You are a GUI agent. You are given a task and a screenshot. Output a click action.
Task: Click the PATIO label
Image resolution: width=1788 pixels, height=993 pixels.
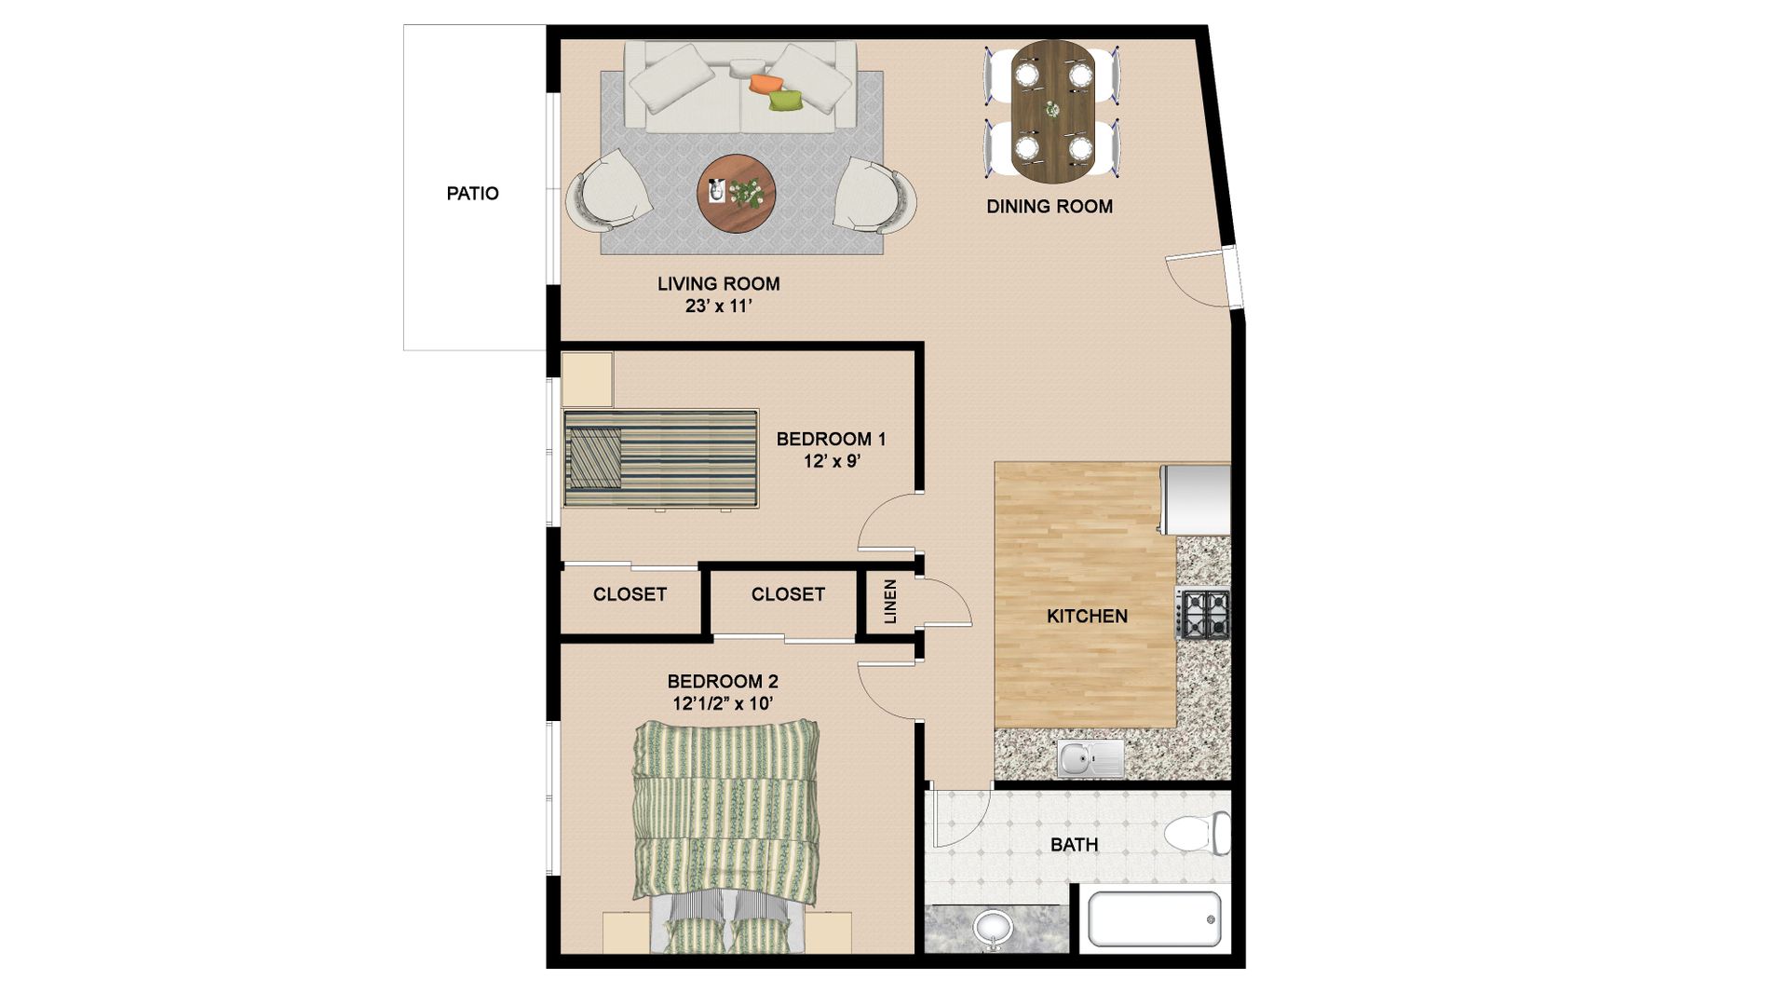[x=472, y=194]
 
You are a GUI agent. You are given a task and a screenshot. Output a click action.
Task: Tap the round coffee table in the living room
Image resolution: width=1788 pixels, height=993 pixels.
[x=736, y=194]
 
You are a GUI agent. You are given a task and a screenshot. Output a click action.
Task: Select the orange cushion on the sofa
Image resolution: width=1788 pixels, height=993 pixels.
[x=764, y=83]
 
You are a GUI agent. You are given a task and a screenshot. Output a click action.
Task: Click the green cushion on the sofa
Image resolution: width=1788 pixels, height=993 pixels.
[x=786, y=101]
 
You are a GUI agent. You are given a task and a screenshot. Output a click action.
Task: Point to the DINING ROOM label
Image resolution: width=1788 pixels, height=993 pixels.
[x=1050, y=207]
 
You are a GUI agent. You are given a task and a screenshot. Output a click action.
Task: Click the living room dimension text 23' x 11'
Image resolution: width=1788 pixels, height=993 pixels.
[x=718, y=306]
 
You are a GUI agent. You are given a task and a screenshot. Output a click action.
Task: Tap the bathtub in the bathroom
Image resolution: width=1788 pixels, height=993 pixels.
[x=1155, y=919]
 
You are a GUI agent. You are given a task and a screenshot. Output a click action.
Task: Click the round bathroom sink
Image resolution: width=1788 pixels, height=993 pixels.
[x=993, y=929]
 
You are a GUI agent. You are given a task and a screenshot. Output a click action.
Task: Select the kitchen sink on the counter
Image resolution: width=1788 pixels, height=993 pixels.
[x=1090, y=759]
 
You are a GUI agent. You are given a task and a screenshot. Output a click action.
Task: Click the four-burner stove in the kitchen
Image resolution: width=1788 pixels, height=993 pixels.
[x=1205, y=614]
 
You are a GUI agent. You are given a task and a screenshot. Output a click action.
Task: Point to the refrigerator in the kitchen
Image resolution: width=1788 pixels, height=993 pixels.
[x=1196, y=499]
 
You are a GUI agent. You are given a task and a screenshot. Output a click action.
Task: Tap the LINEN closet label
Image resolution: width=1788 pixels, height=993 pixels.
[x=890, y=602]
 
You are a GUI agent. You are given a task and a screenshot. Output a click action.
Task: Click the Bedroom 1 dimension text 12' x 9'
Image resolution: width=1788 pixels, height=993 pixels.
[x=831, y=461]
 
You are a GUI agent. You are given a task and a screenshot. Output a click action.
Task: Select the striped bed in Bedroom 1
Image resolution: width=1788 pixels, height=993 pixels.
[x=660, y=458]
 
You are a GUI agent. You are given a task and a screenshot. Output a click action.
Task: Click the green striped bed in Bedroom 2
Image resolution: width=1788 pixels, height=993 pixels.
[x=726, y=820]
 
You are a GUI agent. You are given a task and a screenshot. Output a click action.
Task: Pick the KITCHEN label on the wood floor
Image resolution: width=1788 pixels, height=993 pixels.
[x=1087, y=617]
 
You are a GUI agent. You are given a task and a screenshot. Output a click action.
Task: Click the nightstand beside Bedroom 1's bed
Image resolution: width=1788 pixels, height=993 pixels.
[x=587, y=379]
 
